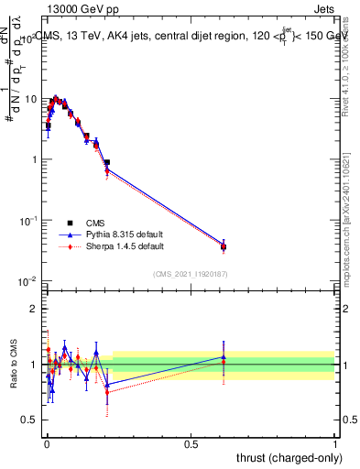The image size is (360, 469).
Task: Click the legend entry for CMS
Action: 94,223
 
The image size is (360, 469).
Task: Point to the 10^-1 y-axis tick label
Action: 27,221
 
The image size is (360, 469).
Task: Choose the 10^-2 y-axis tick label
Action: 27,281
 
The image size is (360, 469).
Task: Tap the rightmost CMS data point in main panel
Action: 224,246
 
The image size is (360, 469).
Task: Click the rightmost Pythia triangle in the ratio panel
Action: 224,357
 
